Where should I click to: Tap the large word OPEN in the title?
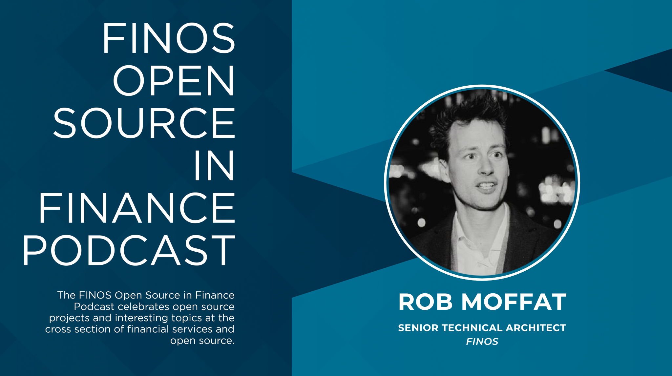coord(174,81)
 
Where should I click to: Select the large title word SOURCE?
coord(144,123)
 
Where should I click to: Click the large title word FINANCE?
coord(137,208)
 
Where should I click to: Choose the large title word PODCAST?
coord(129,251)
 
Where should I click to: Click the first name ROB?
coord(426,302)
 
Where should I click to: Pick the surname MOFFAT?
coord(514,302)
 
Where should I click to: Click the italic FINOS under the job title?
coord(482,342)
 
